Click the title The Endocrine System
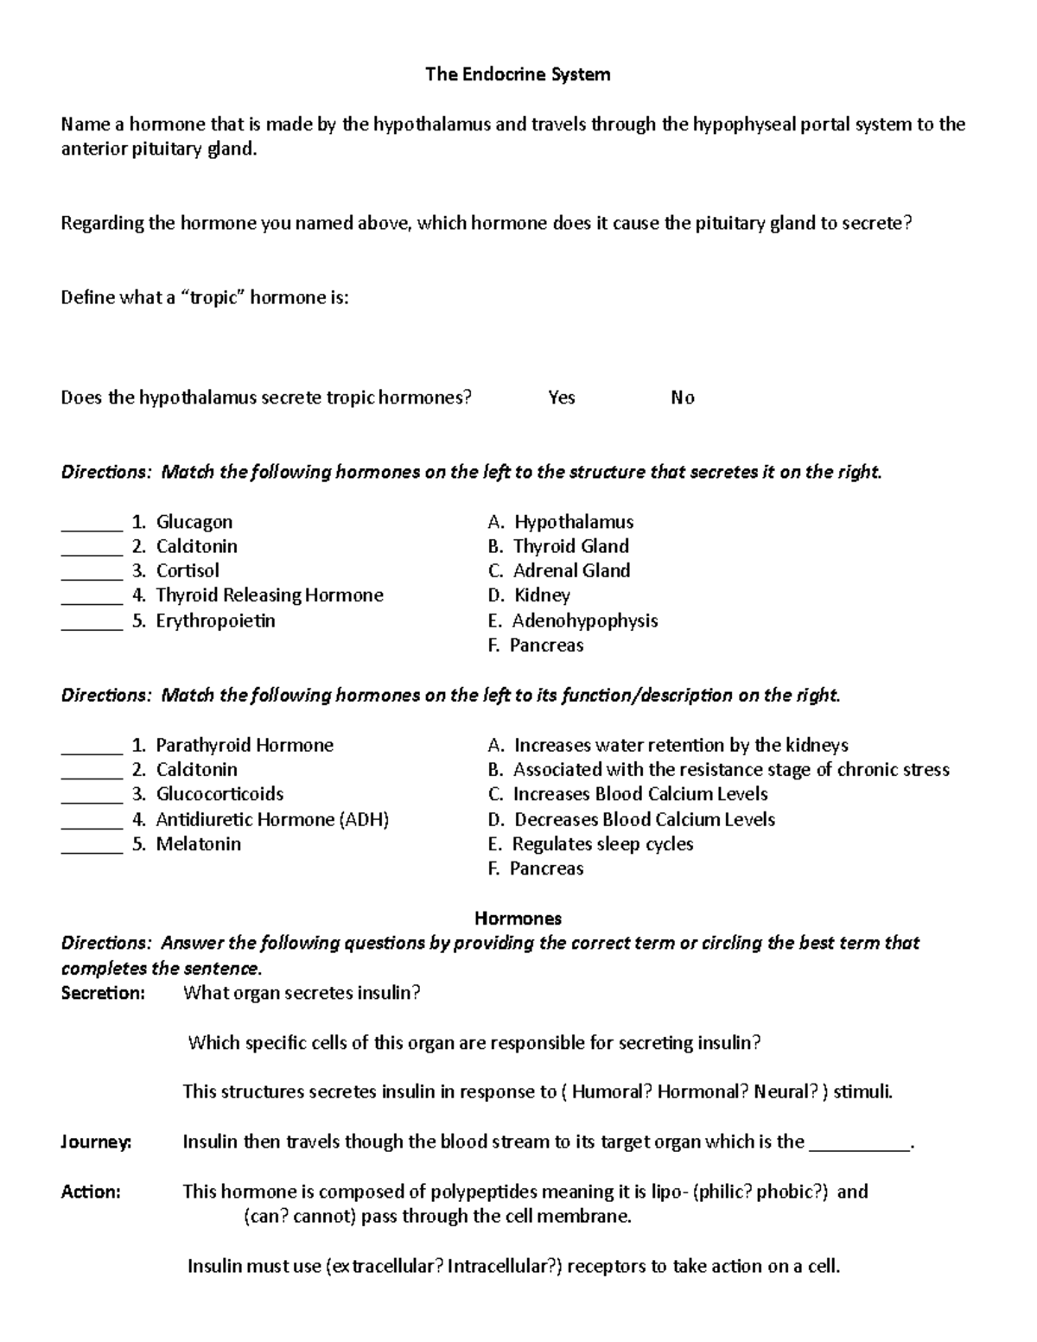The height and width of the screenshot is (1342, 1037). pos(518,74)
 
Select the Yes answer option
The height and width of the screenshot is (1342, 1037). pos(562,398)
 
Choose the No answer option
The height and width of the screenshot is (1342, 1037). pos(683,398)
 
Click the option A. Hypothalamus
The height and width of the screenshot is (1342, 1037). pos(560,522)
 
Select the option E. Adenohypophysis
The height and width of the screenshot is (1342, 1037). pos(572,621)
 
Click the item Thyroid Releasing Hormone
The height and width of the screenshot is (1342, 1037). pos(269,595)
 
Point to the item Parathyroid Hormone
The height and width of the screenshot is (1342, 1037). pos(244,745)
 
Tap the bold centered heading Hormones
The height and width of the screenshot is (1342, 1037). pos(518,918)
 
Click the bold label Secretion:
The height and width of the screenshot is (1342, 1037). pos(103,993)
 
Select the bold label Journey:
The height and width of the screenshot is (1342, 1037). pos(96,1142)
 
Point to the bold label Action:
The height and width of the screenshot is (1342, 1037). pos(91,1193)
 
